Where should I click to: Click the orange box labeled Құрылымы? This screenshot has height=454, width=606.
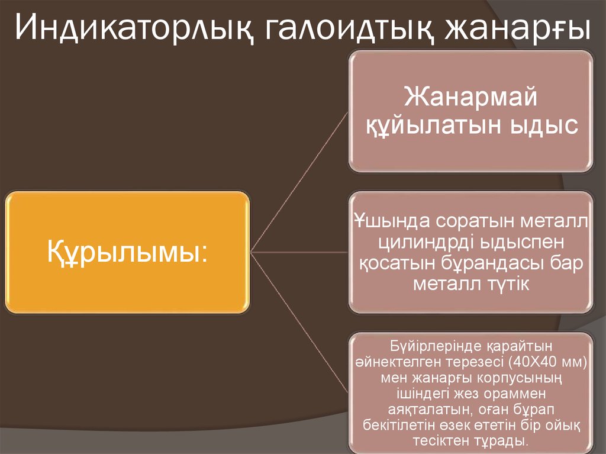[x=127, y=252]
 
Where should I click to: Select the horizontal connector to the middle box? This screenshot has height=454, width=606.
[x=299, y=252]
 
